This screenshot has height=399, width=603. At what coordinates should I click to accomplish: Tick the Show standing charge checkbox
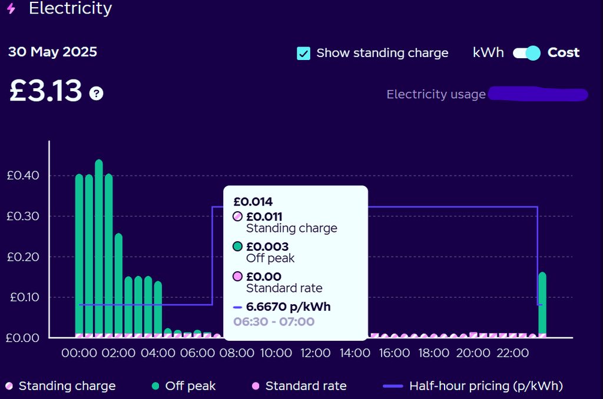pos(304,53)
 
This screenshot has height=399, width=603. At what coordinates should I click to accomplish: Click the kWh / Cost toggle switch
pos(526,53)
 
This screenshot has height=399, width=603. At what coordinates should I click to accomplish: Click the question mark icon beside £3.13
pos(96,93)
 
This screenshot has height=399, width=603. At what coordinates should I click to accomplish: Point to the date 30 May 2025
pos(52,52)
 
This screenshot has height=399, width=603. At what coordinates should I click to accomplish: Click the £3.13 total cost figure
pos(45,91)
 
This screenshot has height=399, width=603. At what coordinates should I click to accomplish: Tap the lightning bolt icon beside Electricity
pos(11,9)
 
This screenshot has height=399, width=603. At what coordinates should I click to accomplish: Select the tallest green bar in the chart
pos(99,247)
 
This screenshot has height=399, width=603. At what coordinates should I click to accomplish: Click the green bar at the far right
pos(542,303)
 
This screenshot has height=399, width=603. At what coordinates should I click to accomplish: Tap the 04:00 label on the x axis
pos(158,353)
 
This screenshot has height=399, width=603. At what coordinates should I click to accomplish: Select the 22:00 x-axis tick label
pos(512,353)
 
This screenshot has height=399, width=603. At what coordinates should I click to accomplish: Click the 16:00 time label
pos(394,353)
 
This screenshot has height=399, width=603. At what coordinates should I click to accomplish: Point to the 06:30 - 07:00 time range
pos(274,321)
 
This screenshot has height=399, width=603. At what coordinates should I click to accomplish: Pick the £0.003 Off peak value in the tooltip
pos(267,247)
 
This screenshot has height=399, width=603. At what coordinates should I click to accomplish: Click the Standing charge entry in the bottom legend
pos(67,386)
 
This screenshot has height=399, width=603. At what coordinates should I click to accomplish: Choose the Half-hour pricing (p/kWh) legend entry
pos(486,386)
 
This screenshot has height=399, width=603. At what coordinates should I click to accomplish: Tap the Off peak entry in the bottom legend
pos(190,386)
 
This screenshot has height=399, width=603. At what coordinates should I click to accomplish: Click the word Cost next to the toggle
pos(564,52)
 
